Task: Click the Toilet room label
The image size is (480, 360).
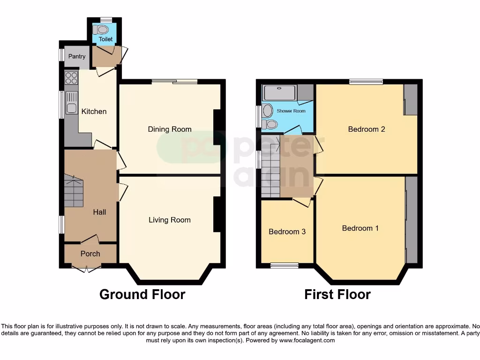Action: coord(105,39)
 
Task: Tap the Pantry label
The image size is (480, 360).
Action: coord(77,57)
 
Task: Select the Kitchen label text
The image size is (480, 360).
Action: coord(94,112)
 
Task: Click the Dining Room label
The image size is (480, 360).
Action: coord(170,129)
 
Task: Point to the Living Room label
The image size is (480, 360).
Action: coord(170,220)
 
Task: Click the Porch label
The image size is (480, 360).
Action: coord(90,254)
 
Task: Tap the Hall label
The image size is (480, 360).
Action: coord(99,212)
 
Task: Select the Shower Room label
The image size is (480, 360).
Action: coord(291,111)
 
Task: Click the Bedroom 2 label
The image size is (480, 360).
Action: coord(367,129)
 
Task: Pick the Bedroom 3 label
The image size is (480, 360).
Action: coord(287,232)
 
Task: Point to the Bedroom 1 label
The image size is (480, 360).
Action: coord(360,228)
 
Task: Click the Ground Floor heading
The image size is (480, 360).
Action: coord(142,294)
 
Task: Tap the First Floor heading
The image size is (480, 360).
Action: coord(337,294)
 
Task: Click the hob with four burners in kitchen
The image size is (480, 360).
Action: coord(71,78)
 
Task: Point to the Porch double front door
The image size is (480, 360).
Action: coord(87,269)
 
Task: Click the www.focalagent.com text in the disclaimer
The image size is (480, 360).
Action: coord(307,340)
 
